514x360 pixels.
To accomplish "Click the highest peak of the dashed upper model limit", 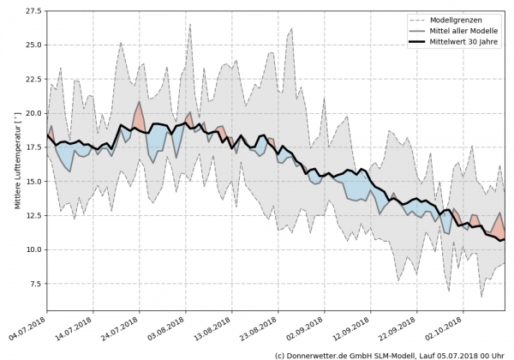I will [190, 24].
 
